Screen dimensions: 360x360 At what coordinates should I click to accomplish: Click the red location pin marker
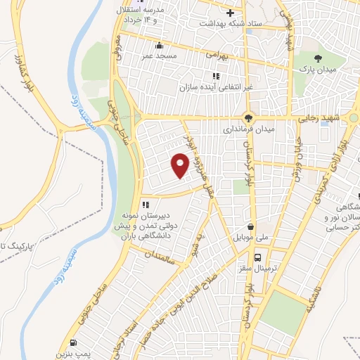point(180,165)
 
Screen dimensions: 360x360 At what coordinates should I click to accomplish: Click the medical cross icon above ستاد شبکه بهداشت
point(230,12)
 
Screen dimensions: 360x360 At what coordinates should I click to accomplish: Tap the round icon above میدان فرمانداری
point(247,117)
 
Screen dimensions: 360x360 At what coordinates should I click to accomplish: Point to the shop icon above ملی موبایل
point(252,228)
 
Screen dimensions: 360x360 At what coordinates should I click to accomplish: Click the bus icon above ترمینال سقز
point(259,258)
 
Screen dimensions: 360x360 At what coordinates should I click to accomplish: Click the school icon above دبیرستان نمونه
point(145,205)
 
